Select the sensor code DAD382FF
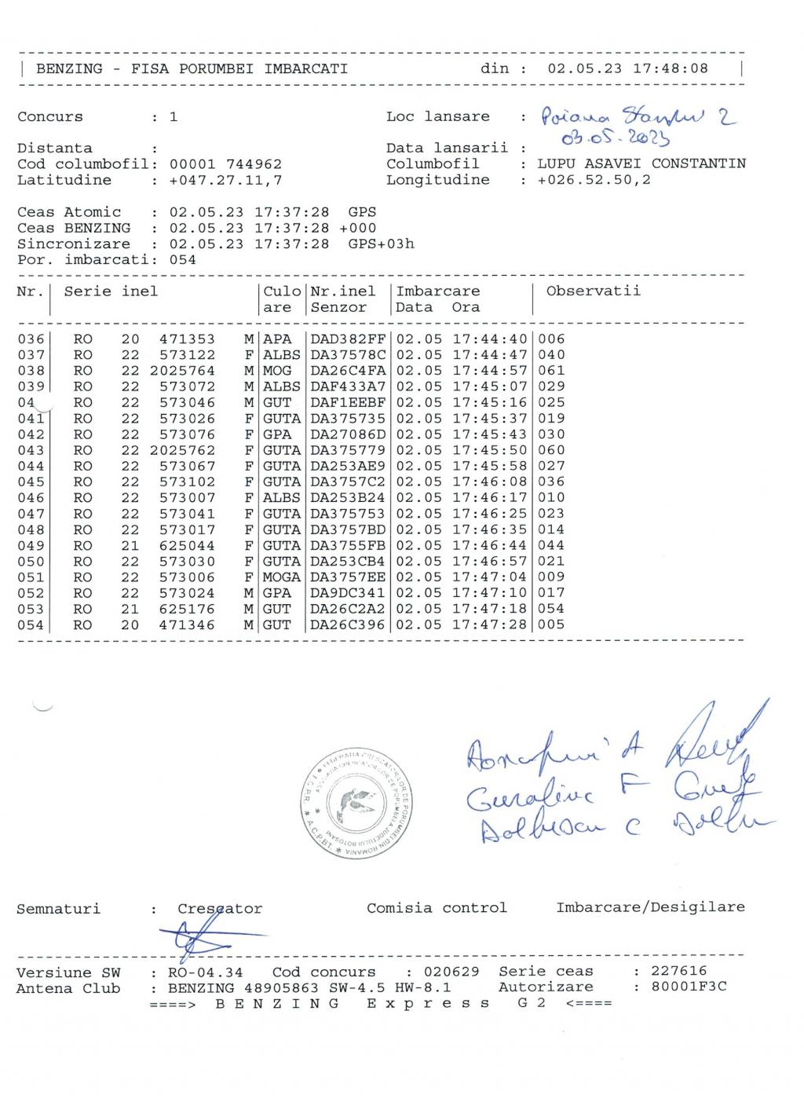(348, 339)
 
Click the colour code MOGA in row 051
(281, 577)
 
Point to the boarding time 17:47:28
(489, 625)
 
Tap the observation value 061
(551, 371)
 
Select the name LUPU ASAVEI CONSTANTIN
(641, 164)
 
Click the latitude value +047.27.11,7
(225, 180)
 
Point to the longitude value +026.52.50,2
(594, 180)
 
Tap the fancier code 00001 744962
(225, 164)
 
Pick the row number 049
(31, 546)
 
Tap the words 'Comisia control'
(437, 908)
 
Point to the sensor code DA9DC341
(348, 593)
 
